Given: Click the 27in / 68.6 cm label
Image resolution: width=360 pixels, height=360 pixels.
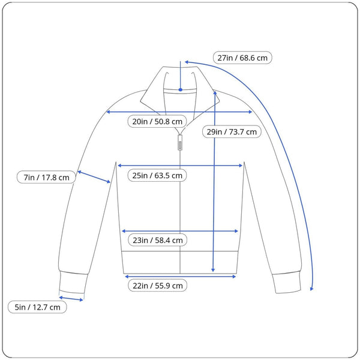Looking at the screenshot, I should click(242, 58).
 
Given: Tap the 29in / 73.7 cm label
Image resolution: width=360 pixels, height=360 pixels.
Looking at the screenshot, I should click(232, 131).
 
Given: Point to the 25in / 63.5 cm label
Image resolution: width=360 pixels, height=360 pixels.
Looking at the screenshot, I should click(157, 175).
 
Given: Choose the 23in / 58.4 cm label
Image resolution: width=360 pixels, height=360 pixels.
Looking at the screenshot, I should click(157, 240).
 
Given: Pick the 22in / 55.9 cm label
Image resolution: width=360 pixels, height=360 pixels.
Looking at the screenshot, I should click(157, 286).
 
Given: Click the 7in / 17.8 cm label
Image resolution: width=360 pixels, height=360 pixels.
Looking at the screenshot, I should click(46, 177).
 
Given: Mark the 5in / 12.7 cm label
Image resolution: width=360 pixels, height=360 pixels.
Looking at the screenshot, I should click(38, 307).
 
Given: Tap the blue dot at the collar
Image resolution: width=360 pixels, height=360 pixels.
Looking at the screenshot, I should click(180, 89).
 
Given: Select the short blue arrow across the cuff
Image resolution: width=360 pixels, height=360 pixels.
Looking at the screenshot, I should click(71, 298).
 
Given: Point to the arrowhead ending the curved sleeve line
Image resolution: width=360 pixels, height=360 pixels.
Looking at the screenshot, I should click(311, 288).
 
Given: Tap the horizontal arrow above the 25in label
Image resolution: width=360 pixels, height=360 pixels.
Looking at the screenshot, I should click(180, 164).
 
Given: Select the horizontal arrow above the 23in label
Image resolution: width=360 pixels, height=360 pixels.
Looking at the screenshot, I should click(180, 230).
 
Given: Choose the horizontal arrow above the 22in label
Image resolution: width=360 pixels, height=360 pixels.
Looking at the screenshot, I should click(180, 276).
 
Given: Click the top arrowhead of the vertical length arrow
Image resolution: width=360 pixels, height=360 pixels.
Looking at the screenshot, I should click(214, 94).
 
